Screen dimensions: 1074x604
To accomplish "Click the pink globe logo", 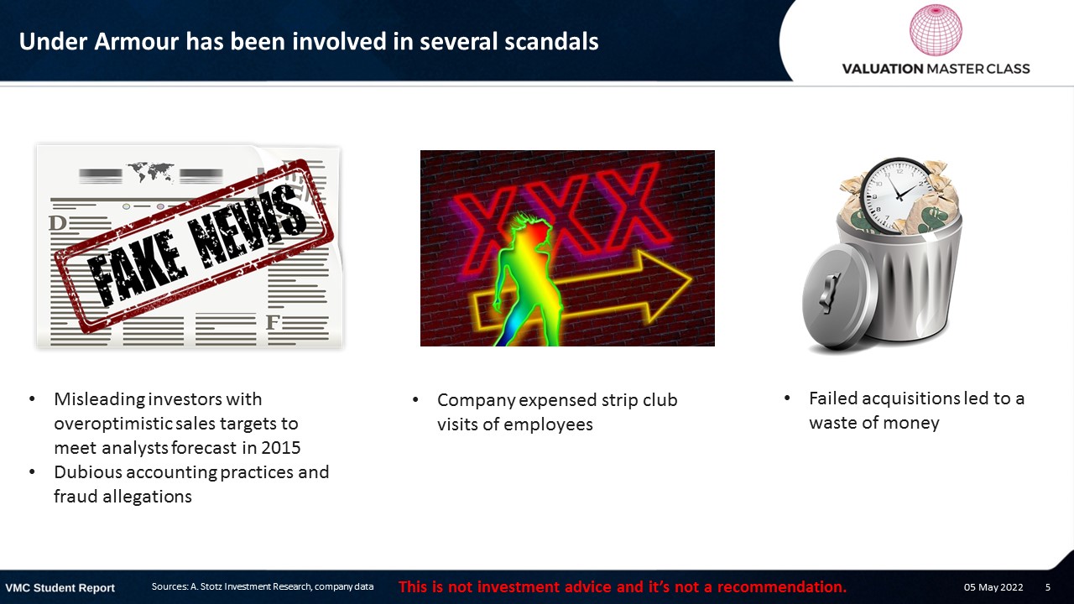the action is click(x=936, y=29).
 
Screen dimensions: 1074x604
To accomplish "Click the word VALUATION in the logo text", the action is click(x=882, y=69).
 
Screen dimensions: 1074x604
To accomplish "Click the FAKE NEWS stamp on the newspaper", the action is click(x=194, y=246).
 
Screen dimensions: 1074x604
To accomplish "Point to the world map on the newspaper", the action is click(x=150, y=172).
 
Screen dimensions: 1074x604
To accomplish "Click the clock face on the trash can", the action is click(x=898, y=196).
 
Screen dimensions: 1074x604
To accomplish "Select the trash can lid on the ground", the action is click(x=837, y=297).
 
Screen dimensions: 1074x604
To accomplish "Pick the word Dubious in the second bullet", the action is click(x=88, y=472).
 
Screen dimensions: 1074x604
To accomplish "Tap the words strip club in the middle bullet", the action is click(x=639, y=400).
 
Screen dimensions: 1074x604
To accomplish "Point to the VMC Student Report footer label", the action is click(x=60, y=588).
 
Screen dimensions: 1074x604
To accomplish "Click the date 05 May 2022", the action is click(x=993, y=587).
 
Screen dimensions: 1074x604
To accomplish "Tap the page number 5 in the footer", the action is click(x=1048, y=587).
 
